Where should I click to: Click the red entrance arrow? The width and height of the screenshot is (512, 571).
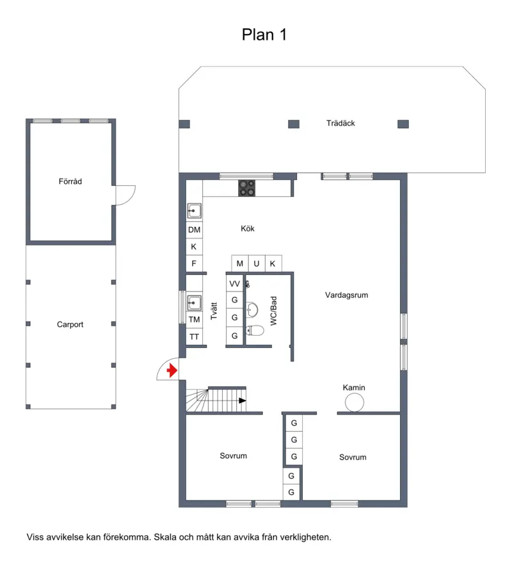click(x=172, y=370)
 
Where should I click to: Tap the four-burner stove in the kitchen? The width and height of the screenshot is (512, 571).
click(x=246, y=188)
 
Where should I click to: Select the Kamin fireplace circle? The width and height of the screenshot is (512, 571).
click(x=354, y=402)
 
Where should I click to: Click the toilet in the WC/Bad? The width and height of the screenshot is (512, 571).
click(x=255, y=330)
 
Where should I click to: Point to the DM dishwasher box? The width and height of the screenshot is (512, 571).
click(x=194, y=230)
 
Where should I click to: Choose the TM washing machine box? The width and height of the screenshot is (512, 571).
click(x=194, y=319)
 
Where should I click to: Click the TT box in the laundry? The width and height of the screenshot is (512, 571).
click(x=194, y=336)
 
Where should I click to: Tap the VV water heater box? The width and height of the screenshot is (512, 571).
click(x=234, y=283)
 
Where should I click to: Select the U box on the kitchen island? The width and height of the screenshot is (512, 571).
click(x=257, y=263)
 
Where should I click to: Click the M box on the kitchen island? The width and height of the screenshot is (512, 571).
click(x=239, y=263)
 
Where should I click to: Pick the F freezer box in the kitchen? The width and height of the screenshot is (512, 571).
click(x=194, y=263)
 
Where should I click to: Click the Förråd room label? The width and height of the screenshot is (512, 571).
click(x=70, y=181)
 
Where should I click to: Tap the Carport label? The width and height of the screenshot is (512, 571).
click(x=70, y=324)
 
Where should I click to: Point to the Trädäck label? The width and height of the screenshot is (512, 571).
click(x=340, y=123)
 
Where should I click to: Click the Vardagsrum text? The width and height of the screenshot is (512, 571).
click(x=346, y=295)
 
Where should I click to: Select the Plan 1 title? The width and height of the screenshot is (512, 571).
click(x=264, y=35)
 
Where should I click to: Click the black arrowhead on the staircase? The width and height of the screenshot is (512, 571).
click(x=242, y=401)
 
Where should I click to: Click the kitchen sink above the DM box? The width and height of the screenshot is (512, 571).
click(x=194, y=211)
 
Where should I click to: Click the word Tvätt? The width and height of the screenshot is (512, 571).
click(x=214, y=311)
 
